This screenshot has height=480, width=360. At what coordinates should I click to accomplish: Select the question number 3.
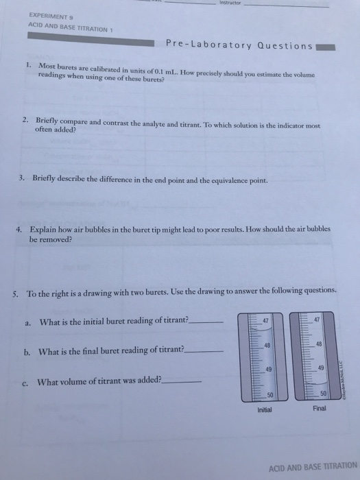(23, 181)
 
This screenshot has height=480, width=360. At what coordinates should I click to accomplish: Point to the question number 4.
(21, 228)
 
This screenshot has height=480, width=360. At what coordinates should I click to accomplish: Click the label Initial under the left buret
(265, 410)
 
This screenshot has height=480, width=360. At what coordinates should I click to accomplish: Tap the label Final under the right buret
(320, 408)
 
